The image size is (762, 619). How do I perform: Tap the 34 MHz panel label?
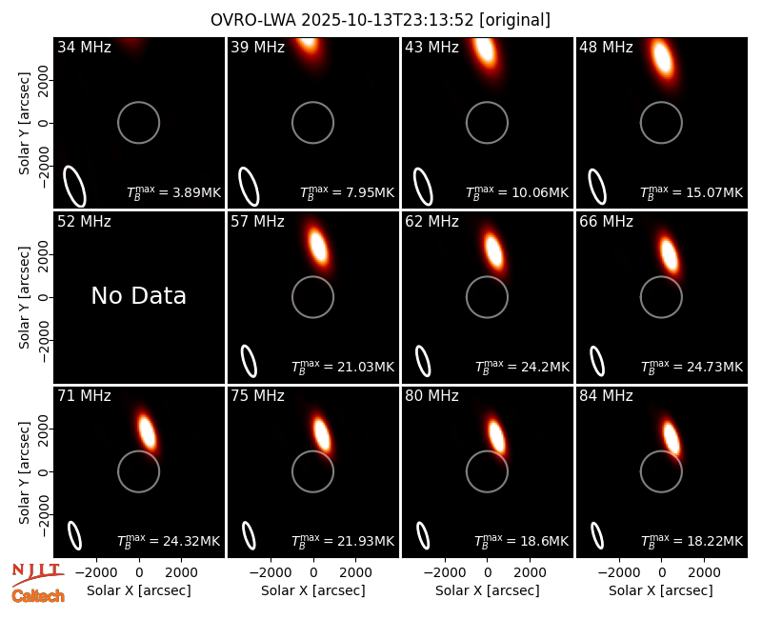tap(84, 47)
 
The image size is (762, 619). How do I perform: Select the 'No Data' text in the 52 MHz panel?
tap(138, 295)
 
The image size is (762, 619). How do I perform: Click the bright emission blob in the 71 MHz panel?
tap(147, 431)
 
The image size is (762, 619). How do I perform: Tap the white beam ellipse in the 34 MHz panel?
tap(75, 186)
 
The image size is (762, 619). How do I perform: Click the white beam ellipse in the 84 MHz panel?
tap(597, 535)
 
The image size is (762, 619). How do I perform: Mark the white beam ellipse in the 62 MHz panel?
tap(423, 361)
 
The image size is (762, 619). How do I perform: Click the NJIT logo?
tap(37, 573)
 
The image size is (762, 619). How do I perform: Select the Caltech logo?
tap(38, 596)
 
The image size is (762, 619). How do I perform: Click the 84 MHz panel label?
tap(606, 396)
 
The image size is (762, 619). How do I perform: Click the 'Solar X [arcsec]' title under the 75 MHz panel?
tap(313, 590)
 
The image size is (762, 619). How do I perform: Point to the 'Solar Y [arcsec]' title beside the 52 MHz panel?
tap(24, 298)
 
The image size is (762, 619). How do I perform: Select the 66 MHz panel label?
tap(606, 222)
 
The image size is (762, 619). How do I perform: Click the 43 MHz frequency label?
tap(431, 47)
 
